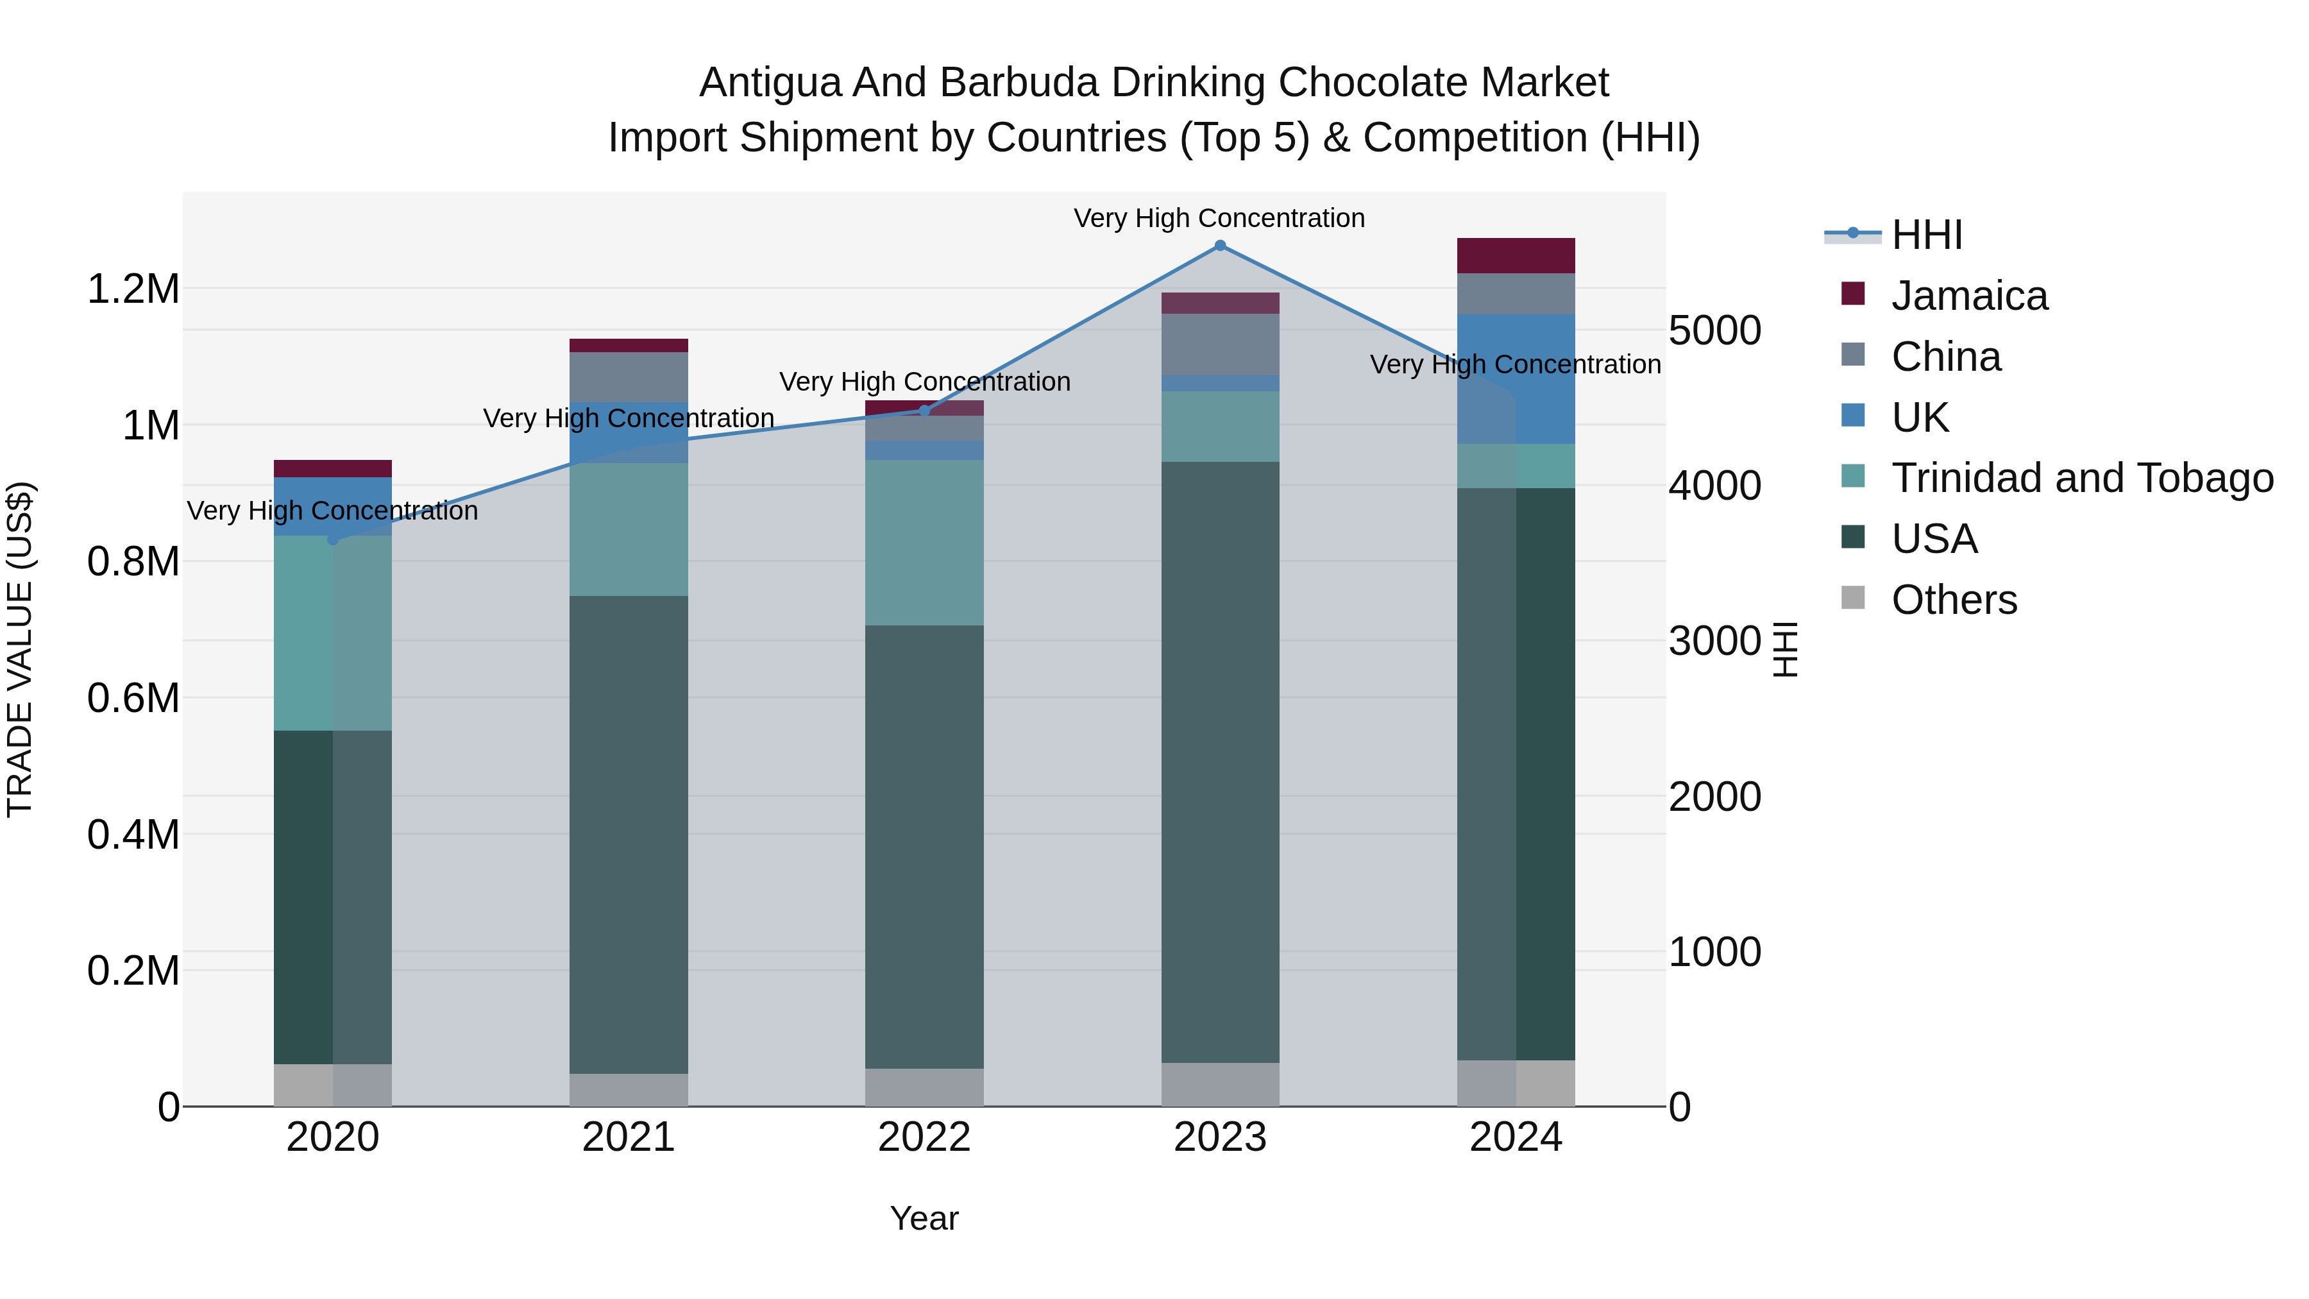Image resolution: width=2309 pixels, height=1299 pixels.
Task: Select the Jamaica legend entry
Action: pyautogui.click(x=1968, y=296)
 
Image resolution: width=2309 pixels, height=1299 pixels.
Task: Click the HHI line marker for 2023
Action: pyautogui.click(x=1220, y=246)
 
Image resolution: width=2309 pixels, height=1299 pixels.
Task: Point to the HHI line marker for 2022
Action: pyautogui.click(x=925, y=411)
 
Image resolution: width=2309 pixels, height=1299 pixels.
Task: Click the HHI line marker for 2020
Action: pyautogui.click(x=332, y=539)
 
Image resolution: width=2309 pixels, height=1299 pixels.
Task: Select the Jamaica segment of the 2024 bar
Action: pyautogui.click(x=1516, y=255)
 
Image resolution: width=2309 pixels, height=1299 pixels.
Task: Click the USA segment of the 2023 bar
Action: pyautogui.click(x=1220, y=762)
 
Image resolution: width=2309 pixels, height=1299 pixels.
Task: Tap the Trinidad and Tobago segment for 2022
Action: pyautogui.click(x=924, y=542)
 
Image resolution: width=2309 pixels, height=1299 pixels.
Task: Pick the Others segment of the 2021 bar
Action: pyautogui.click(x=629, y=1089)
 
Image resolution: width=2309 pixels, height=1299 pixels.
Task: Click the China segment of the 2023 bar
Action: pyautogui.click(x=1220, y=344)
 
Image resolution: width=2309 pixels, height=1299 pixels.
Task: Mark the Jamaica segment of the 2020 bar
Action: pyautogui.click(x=332, y=469)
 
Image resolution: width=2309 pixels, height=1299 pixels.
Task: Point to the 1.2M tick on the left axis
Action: pyautogui.click(x=133, y=289)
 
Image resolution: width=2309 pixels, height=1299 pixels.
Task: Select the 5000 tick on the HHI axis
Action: pyautogui.click(x=1714, y=331)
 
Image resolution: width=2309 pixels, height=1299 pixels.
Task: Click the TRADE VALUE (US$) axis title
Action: pyautogui.click(x=20, y=649)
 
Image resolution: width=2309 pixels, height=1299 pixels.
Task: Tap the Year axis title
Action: pyautogui.click(x=924, y=1218)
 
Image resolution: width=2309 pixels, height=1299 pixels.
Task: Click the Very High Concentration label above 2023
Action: pyautogui.click(x=1219, y=219)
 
